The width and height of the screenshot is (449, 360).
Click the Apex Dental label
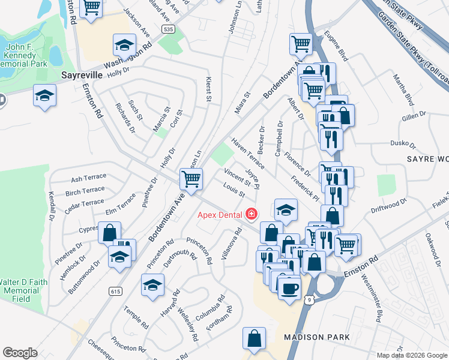click(220, 214)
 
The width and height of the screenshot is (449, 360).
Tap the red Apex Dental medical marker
click(250, 214)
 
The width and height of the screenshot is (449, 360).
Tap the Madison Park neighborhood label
click(317, 337)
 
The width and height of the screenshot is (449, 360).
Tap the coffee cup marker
click(290, 287)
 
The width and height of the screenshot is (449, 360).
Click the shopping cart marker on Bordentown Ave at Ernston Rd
click(191, 178)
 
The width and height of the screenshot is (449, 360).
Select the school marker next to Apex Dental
click(286, 209)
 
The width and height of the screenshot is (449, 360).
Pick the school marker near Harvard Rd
click(152, 284)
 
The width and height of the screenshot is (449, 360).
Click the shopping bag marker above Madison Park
click(254, 337)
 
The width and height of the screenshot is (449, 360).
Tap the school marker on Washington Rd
click(124, 45)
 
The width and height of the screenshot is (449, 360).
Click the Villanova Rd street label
click(228, 247)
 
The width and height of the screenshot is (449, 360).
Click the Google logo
click(20, 353)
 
